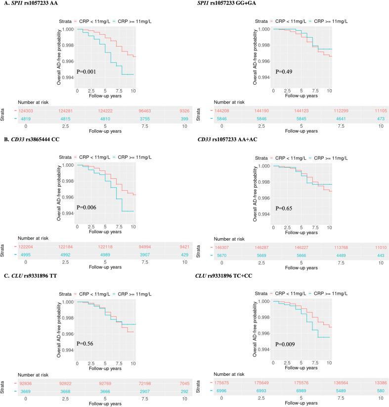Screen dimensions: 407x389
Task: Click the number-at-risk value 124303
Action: [x=27, y=110]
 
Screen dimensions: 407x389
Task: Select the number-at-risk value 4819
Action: [x=27, y=118]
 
